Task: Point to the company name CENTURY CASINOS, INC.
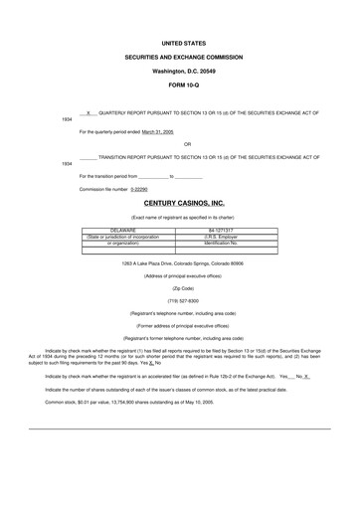tap(184, 203)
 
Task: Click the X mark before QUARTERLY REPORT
tap(90, 112)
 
